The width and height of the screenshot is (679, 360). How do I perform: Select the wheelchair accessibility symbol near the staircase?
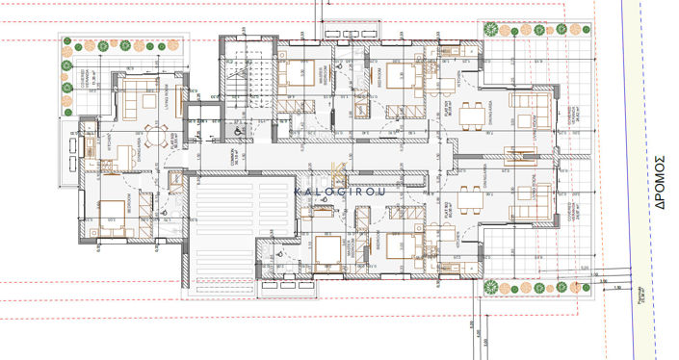pos(239,136)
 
